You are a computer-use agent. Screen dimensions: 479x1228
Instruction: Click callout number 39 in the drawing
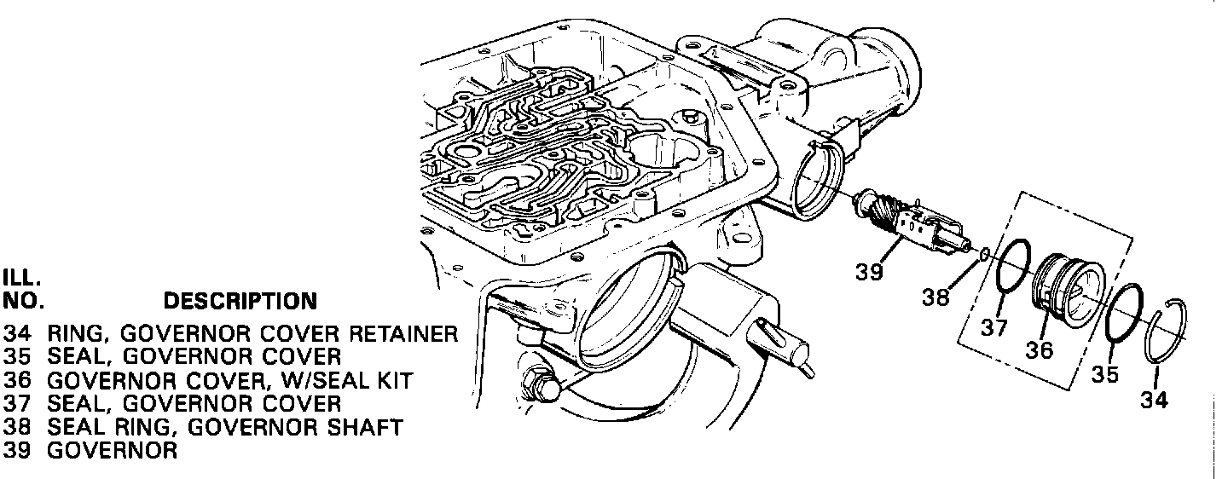pos(870,272)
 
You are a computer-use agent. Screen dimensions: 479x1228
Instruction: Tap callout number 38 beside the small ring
pos(935,297)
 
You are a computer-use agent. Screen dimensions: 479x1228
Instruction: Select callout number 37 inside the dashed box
pos(995,328)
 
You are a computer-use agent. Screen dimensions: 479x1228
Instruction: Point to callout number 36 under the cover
pos(1040,349)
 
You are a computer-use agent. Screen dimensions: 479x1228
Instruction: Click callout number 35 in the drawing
pos(1105,374)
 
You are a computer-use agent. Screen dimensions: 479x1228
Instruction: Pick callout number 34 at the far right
pos(1155,399)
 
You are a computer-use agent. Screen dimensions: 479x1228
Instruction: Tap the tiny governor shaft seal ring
pos(985,253)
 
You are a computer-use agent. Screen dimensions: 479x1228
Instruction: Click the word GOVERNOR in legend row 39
pos(112,451)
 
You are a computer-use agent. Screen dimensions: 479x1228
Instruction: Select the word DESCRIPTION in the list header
pos(240,301)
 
